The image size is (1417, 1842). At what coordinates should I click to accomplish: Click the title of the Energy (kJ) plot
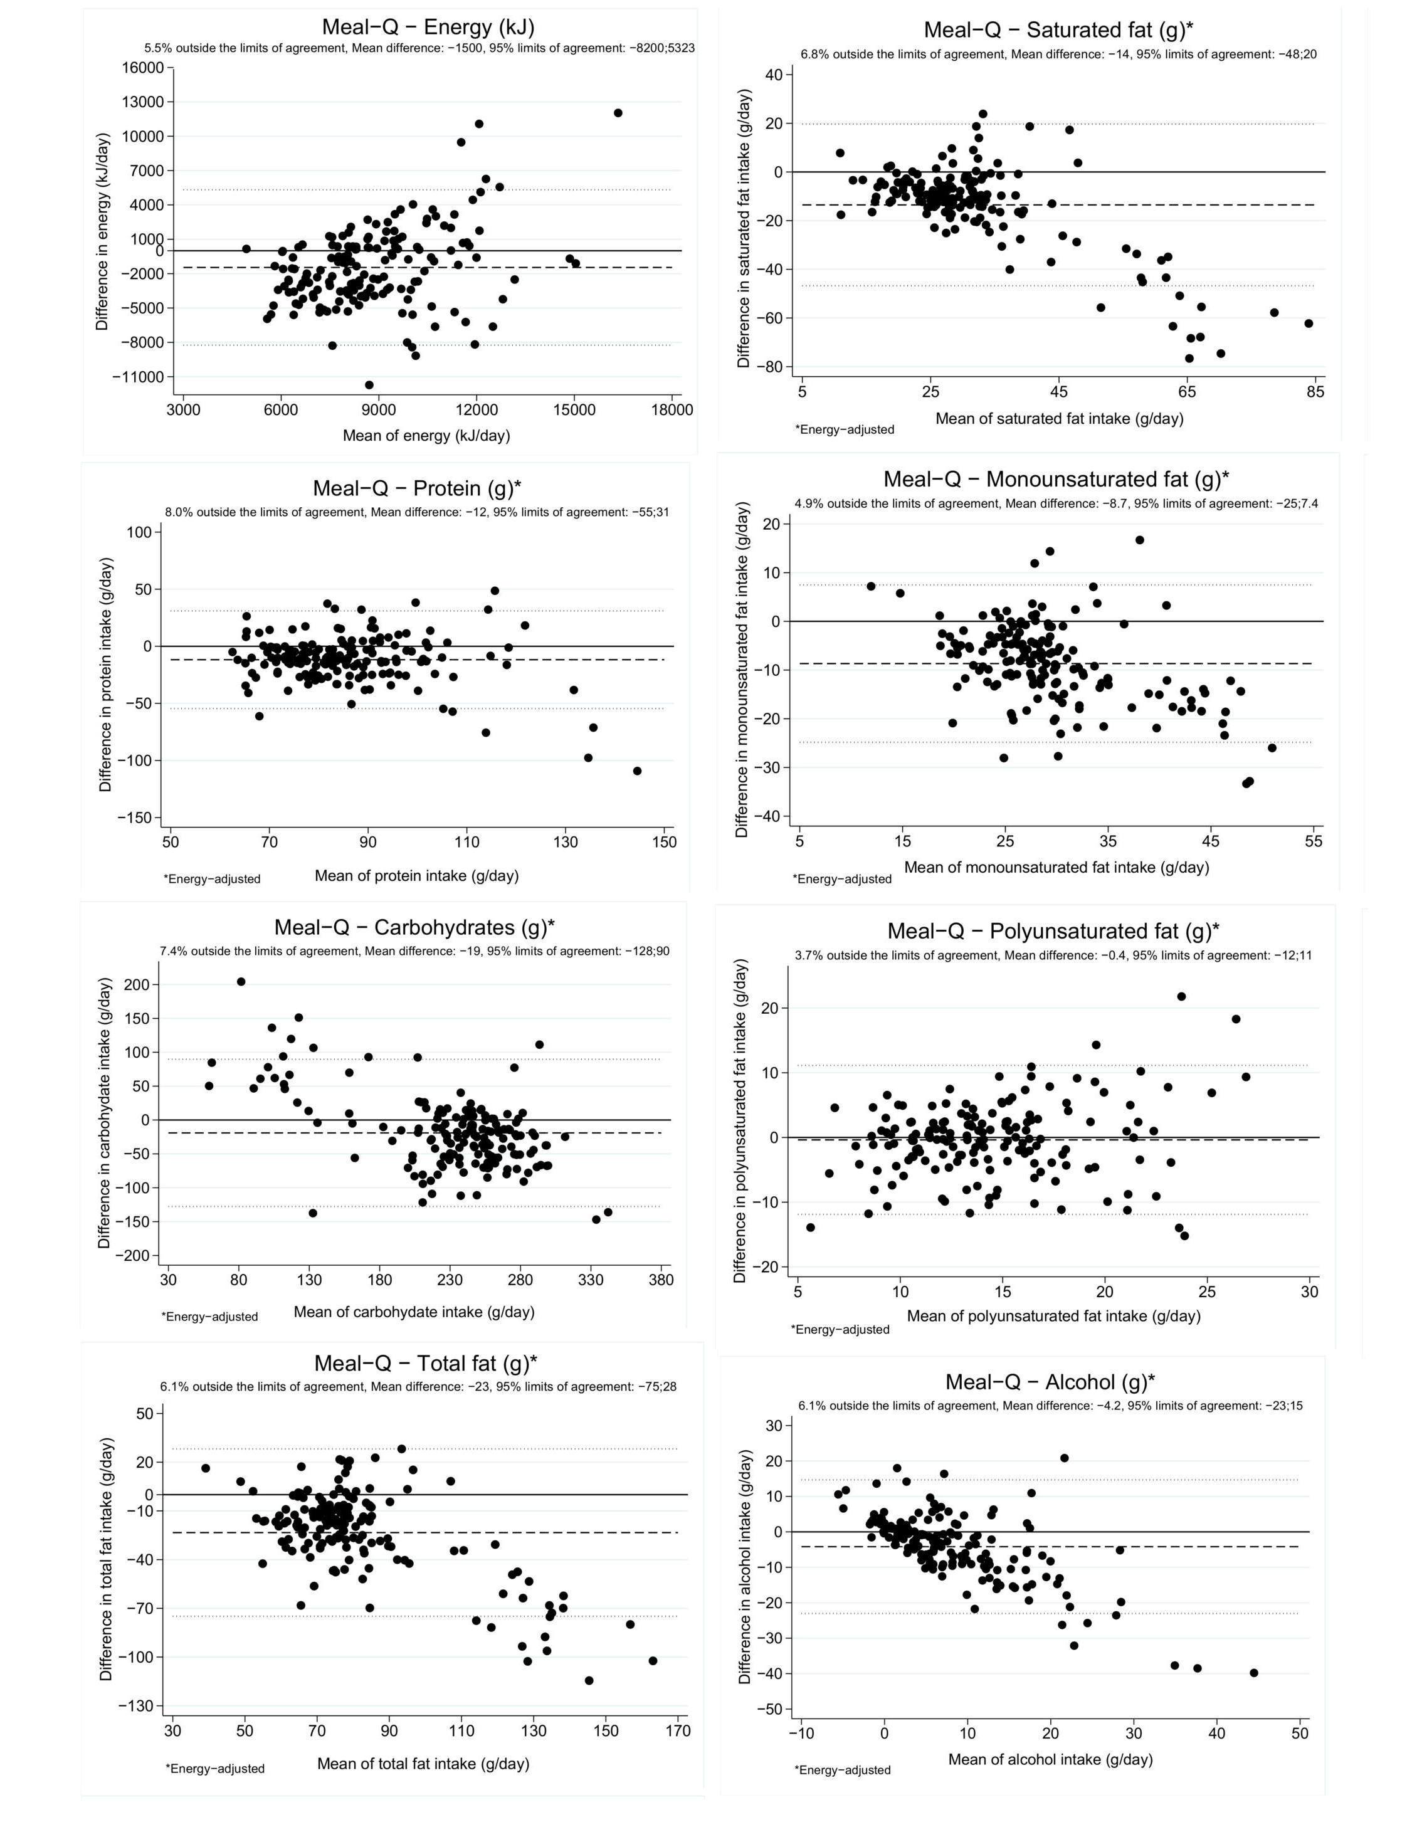(x=428, y=26)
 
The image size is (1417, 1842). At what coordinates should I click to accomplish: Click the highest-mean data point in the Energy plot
(x=618, y=113)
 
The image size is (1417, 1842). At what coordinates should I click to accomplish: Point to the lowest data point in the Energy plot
(x=369, y=384)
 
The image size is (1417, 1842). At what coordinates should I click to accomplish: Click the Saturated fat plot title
(x=1058, y=30)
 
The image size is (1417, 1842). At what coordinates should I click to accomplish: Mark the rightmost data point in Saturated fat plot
(x=1308, y=323)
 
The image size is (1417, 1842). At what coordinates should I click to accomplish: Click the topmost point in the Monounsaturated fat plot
(x=1139, y=540)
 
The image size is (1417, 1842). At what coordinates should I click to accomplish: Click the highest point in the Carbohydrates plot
(x=240, y=982)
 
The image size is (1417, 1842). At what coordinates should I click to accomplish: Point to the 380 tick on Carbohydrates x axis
(x=661, y=1280)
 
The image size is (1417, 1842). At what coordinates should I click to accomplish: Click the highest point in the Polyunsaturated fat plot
(x=1181, y=996)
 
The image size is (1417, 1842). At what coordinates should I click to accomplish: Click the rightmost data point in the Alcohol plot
(x=1253, y=1673)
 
